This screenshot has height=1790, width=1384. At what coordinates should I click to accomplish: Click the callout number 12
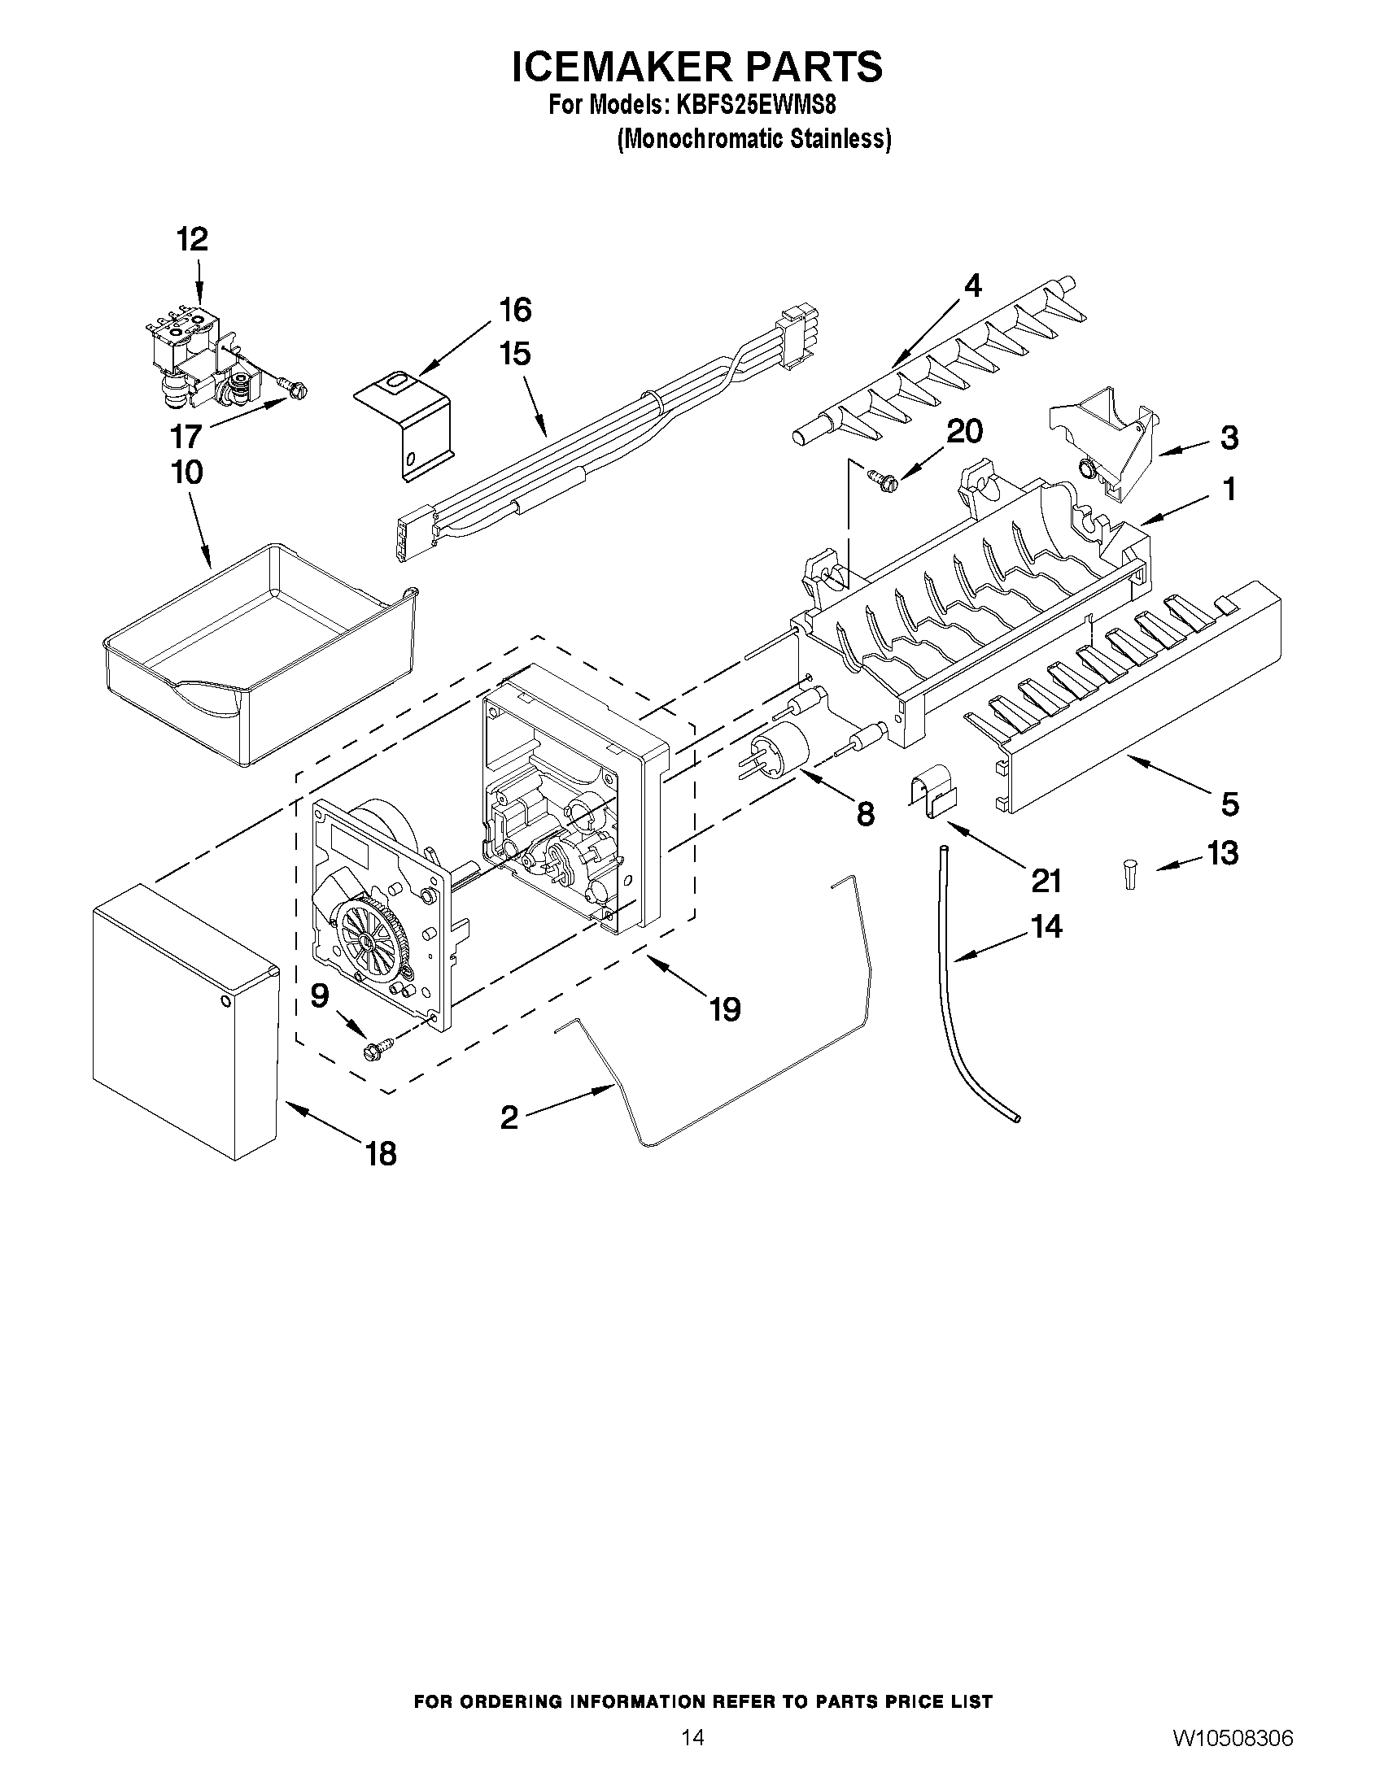click(193, 239)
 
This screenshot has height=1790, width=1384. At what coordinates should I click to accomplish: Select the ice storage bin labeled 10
click(258, 655)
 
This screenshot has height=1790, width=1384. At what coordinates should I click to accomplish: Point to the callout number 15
click(515, 354)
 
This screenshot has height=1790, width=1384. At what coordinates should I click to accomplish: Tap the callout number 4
click(971, 285)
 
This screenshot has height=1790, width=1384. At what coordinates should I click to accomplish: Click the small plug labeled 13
click(1131, 873)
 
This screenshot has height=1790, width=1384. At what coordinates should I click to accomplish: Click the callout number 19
click(726, 1009)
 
